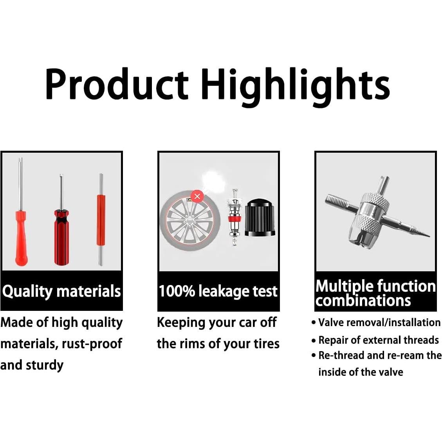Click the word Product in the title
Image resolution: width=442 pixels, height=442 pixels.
click(116, 84)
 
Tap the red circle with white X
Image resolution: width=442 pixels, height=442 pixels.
click(197, 196)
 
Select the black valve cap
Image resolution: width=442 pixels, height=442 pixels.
click(260, 218)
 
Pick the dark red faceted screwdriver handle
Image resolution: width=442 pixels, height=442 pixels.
click(61, 237)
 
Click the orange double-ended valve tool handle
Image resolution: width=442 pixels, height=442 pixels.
click(101, 220)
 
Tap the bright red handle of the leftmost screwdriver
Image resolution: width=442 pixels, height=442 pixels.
click(21, 238)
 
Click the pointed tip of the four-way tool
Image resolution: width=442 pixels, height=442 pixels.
click(429, 236)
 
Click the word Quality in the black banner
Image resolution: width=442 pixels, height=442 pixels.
click(27, 292)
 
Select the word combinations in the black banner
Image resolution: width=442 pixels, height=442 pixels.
click(363, 301)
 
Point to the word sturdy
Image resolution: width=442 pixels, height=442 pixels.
click(45, 365)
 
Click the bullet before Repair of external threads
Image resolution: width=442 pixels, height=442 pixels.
click(314, 341)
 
